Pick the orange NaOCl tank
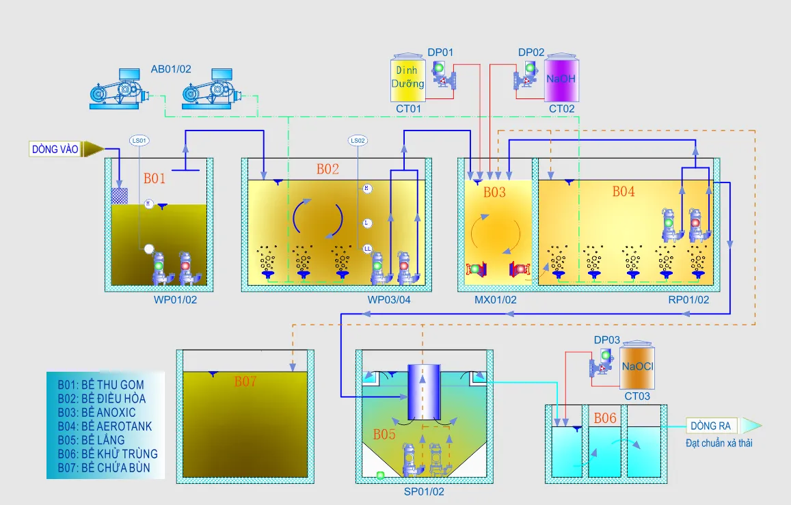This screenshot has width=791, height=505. click(x=637, y=367)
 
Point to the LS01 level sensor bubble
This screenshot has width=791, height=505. click(x=139, y=141)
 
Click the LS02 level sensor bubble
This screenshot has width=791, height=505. click(x=358, y=141)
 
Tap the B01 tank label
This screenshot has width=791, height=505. click(x=155, y=178)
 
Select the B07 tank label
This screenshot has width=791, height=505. click(x=245, y=381)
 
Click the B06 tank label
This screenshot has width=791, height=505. click(x=605, y=418)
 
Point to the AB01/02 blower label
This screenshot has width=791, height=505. click(x=171, y=69)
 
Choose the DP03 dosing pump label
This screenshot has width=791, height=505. click(x=607, y=340)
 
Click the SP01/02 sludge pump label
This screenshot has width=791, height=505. click(x=425, y=491)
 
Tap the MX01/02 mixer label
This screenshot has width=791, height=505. click(x=496, y=299)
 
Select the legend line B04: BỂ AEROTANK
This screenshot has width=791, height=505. click(x=105, y=426)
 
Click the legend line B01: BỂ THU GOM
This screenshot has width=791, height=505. click(x=101, y=385)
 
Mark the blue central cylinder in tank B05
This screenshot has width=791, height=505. click(x=423, y=392)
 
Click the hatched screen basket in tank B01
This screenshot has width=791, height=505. click(x=120, y=195)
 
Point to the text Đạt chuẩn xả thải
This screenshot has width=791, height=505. click(x=719, y=443)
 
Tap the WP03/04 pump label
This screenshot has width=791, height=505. click(x=390, y=299)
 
